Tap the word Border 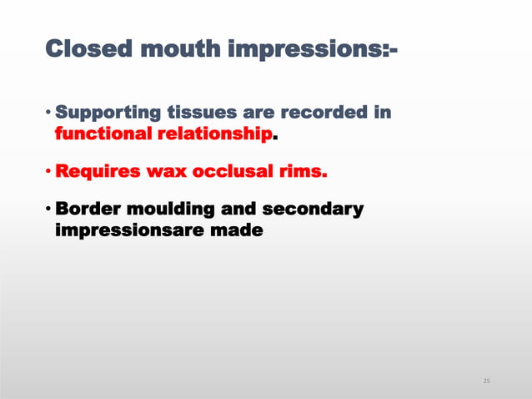90,209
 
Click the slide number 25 487,381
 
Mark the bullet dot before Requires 48,172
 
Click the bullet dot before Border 48,209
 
